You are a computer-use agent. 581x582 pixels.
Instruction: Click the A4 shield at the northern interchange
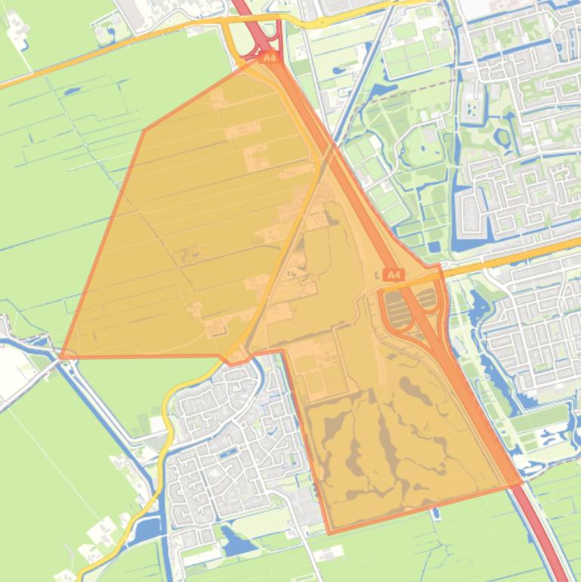click(x=267, y=57)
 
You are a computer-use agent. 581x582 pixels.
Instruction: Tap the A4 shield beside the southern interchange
click(x=393, y=275)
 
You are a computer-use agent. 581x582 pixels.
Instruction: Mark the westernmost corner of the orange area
click(x=61, y=356)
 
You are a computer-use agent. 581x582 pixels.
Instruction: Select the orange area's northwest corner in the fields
click(x=144, y=131)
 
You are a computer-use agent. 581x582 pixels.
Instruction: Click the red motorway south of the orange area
click(x=548, y=544)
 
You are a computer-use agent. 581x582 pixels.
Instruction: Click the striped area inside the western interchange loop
click(x=395, y=306)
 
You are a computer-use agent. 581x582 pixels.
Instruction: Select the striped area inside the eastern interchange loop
click(x=427, y=298)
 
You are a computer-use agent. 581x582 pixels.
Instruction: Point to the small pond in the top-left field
click(x=73, y=91)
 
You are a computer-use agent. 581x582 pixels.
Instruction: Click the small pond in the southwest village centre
click(x=227, y=453)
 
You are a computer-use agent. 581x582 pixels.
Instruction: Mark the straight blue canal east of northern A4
click(x=344, y=121)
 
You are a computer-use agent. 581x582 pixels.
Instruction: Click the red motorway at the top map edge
click(x=242, y=6)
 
